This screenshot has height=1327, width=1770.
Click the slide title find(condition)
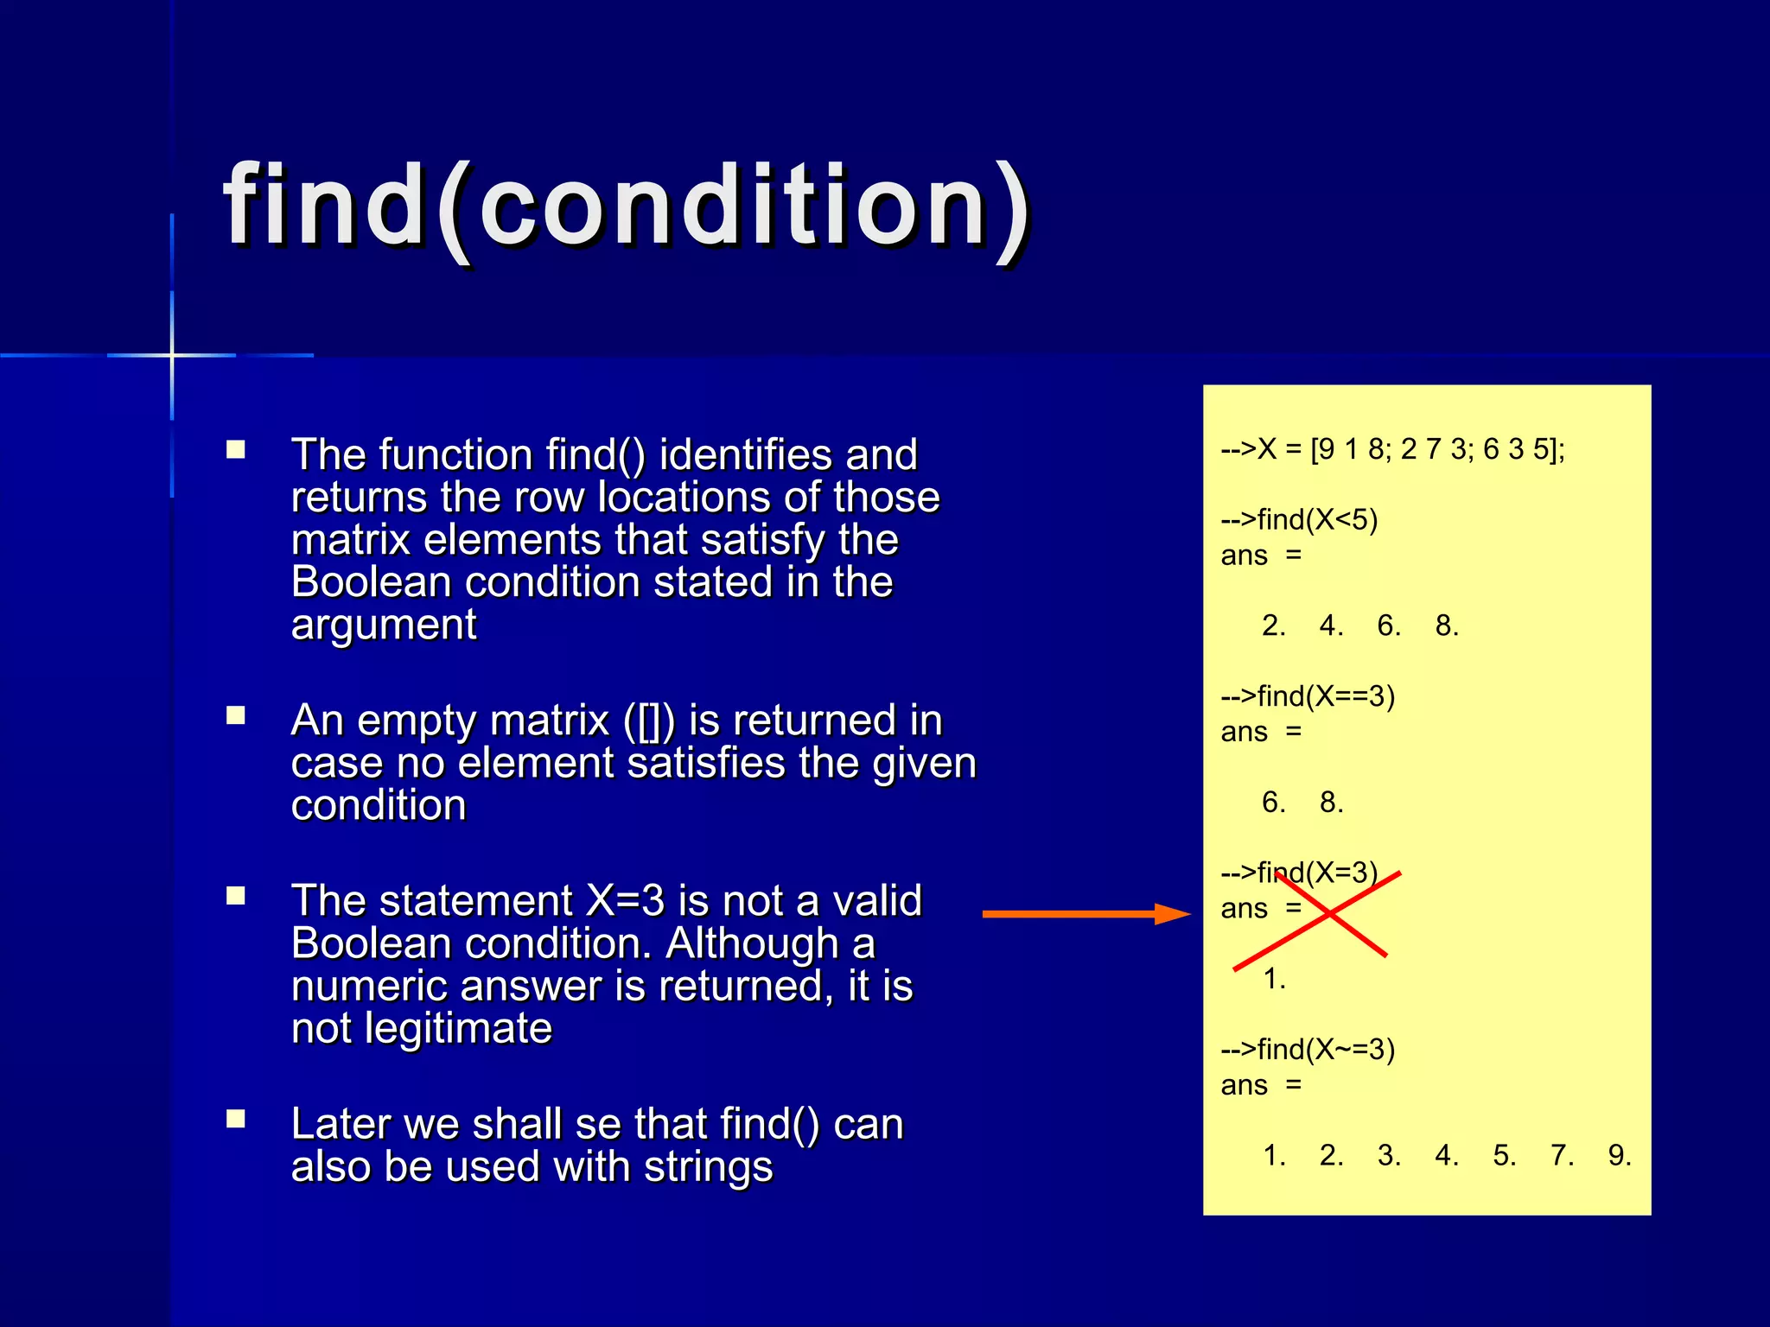point(627,207)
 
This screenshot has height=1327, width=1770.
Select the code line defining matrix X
point(1391,449)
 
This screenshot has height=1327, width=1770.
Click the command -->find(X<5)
point(1299,520)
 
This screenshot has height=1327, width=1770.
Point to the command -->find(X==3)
point(1308,696)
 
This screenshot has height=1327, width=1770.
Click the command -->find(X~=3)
point(1308,1050)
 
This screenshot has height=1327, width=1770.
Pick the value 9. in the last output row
point(1619,1156)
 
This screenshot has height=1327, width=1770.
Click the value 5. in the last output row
point(1504,1156)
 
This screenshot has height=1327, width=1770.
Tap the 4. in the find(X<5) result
point(1331,626)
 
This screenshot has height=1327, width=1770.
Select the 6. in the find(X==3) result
point(1273,803)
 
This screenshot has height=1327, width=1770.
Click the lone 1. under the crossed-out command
point(1274,980)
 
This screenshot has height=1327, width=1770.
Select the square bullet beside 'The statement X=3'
point(236,896)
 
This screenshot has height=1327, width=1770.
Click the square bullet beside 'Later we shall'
point(236,1120)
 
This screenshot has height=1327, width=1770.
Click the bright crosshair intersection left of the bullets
point(172,355)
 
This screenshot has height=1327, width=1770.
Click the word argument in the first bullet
point(384,625)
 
